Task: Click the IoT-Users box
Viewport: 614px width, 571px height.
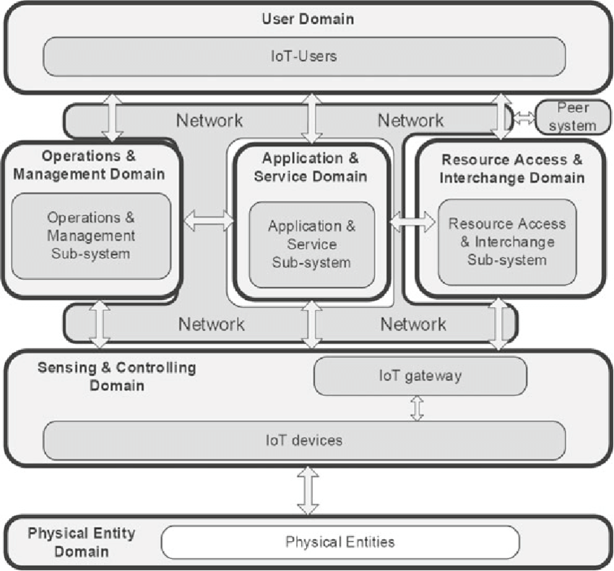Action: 304,56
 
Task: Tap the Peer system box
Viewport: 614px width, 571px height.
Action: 573,117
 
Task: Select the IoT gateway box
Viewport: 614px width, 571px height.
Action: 420,376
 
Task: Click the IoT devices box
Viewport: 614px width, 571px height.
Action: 304,440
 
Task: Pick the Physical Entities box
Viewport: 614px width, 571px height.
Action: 340,542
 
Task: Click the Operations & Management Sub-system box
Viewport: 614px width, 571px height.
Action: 91,236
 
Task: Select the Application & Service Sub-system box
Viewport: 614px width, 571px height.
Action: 312,244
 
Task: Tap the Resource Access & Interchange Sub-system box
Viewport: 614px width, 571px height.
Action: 507,242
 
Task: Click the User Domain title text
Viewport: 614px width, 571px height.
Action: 308,19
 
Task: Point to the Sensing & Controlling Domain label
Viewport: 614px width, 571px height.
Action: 117,377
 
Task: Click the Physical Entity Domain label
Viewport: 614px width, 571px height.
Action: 82,542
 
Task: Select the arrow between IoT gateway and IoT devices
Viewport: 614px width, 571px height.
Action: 417,408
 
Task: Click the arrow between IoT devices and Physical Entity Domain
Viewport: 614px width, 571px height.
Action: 308,490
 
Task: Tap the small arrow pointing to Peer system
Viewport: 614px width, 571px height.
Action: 524,118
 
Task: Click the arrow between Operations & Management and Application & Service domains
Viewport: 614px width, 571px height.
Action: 209,220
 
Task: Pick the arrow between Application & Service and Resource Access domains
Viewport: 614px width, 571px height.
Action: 412,222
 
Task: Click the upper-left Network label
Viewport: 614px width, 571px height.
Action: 209,120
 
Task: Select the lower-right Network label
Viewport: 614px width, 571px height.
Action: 413,325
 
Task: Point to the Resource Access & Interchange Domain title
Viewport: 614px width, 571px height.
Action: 512,168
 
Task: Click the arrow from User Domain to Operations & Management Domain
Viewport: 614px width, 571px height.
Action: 113,118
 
